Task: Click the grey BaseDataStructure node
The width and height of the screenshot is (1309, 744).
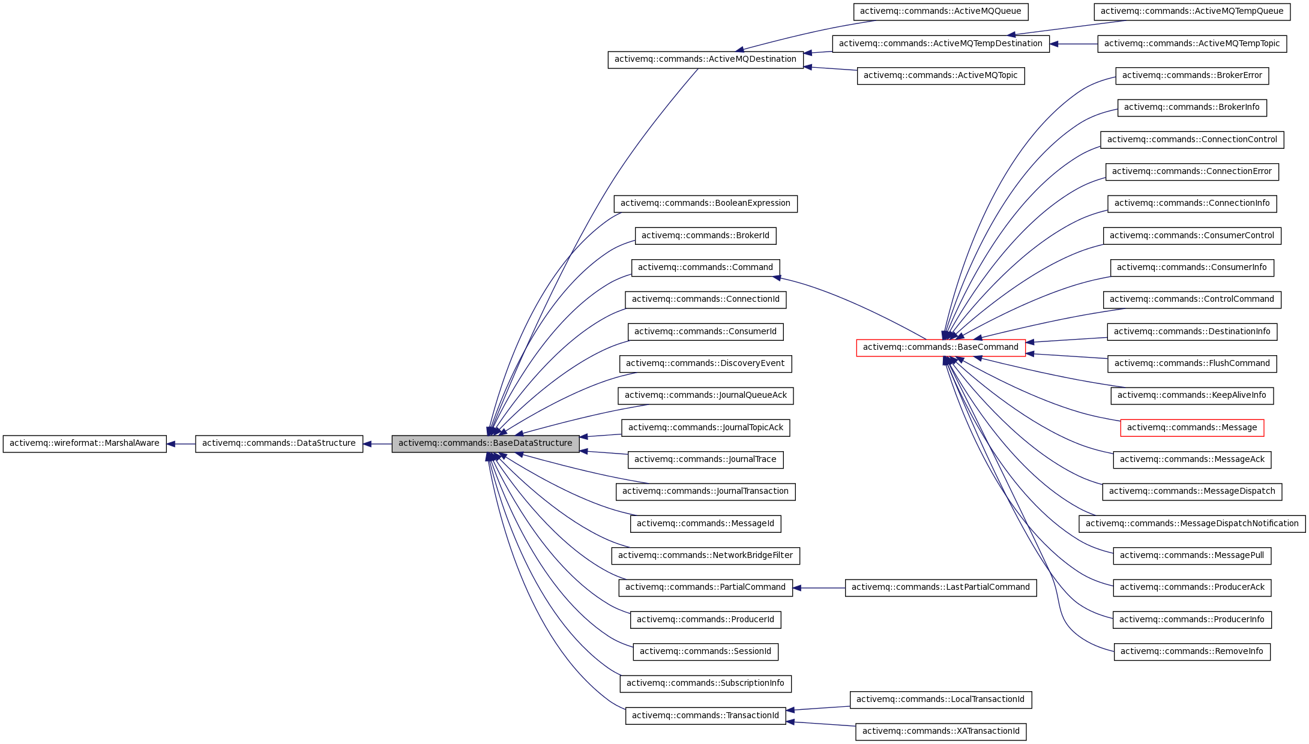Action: [485, 443]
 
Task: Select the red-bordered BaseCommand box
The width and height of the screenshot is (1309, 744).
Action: [940, 347]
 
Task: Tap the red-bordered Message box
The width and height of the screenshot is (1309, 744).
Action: [1191, 428]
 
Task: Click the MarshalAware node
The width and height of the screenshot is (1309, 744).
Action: [85, 443]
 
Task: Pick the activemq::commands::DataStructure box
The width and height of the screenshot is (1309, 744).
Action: [278, 443]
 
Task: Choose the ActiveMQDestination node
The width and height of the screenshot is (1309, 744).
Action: [705, 59]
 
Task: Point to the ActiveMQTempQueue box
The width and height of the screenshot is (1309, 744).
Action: [1191, 11]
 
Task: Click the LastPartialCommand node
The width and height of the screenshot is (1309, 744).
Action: [940, 587]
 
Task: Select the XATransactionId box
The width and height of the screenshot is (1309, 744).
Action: [940, 731]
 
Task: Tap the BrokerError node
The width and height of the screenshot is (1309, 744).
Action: [1191, 76]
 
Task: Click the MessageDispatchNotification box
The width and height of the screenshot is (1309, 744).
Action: [1191, 524]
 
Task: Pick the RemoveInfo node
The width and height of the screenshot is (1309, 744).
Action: [1191, 652]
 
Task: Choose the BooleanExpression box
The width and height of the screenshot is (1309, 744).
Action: [705, 203]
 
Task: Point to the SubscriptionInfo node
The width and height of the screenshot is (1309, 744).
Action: [705, 683]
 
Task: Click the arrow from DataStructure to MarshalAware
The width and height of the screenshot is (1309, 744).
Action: [181, 444]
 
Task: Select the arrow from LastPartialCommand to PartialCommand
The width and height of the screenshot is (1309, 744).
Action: [819, 588]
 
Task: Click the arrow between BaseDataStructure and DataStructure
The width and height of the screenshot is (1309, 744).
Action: [377, 444]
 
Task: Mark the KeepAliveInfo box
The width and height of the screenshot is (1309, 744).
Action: [1191, 395]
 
